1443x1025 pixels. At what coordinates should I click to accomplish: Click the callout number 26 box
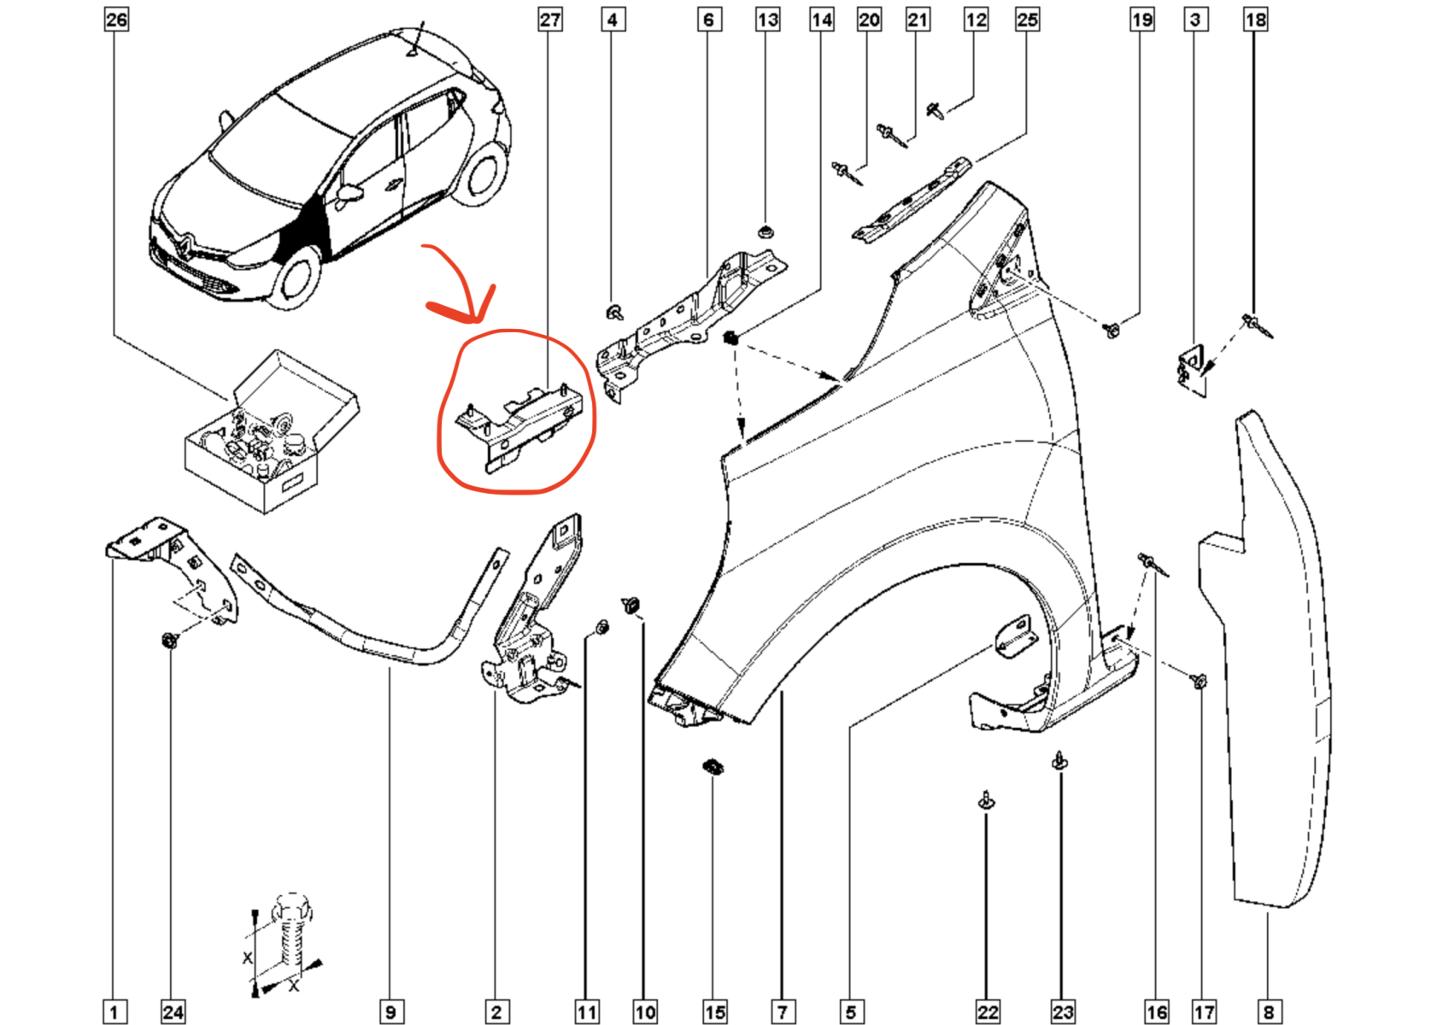tap(116, 19)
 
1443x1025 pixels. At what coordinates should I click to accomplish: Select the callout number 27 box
tap(550, 19)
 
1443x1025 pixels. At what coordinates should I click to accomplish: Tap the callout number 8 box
tap(1269, 1012)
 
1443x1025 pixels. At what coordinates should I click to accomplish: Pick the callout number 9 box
tap(390, 1012)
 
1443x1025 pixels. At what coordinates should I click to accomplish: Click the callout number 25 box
tap(1027, 19)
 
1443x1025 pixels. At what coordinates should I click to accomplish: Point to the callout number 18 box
tap(1255, 19)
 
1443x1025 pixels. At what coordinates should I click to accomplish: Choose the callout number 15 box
tap(715, 1012)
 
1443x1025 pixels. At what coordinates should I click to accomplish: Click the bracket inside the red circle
tap(521, 423)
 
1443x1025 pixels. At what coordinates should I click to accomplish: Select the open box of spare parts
tap(270, 436)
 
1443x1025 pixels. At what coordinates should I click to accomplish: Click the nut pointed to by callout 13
tap(766, 231)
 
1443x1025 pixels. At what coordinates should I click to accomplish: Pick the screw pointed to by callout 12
tap(936, 109)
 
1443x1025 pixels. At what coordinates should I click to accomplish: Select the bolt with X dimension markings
tap(290, 940)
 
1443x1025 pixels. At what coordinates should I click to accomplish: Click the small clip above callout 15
tap(713, 766)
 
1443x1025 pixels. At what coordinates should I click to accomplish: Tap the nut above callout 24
tap(170, 639)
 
